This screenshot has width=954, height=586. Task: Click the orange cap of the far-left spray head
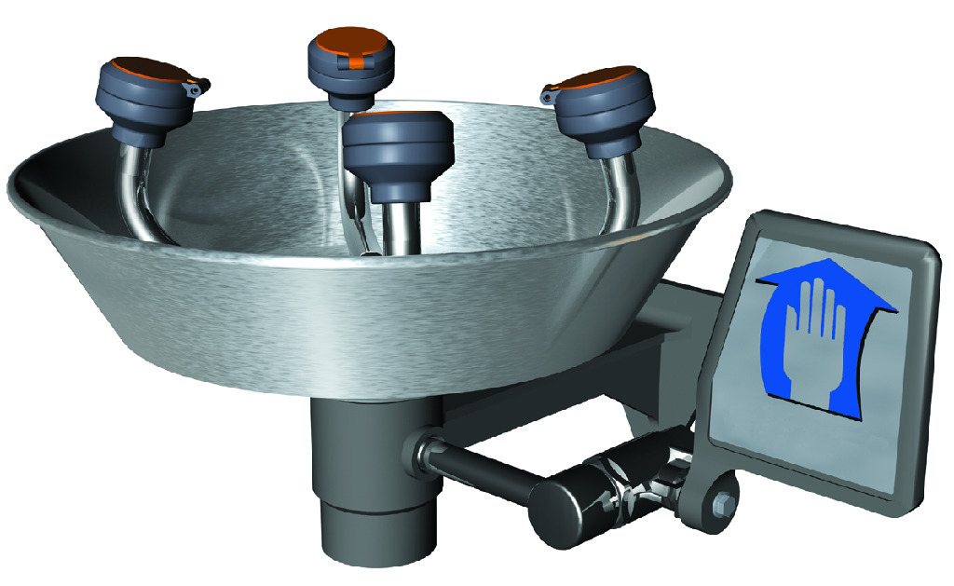[149, 71]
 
